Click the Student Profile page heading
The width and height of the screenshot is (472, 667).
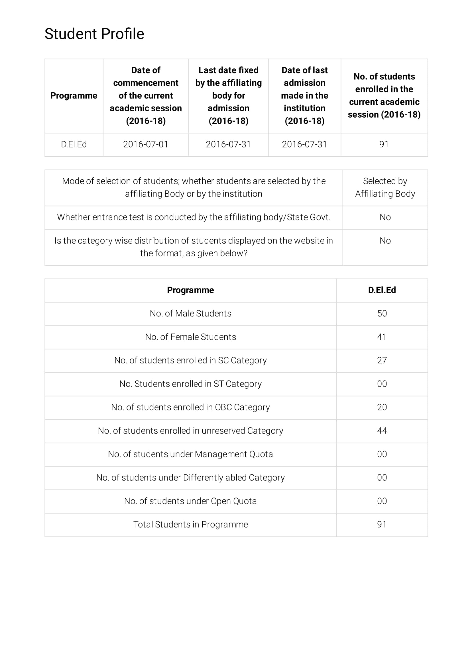click(x=94, y=34)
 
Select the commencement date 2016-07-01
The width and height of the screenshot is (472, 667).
click(x=146, y=144)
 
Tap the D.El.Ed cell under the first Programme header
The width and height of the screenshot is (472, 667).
click(x=74, y=144)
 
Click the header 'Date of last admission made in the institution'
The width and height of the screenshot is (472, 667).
click(x=304, y=96)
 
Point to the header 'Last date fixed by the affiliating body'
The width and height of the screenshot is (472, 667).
click(x=229, y=96)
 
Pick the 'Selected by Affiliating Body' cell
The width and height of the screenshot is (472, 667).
click(x=385, y=187)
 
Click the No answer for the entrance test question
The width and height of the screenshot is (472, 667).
click(x=385, y=217)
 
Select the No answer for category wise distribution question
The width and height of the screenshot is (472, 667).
click(x=385, y=241)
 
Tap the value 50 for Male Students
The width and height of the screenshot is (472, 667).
click(x=382, y=314)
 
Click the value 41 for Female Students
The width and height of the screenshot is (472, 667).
click(x=382, y=337)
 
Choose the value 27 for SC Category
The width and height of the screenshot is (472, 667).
click(x=382, y=361)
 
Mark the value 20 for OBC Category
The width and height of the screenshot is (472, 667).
click(x=382, y=407)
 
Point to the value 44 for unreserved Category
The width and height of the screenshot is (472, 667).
click(x=382, y=431)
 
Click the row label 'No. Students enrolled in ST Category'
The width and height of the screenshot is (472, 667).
click(x=190, y=384)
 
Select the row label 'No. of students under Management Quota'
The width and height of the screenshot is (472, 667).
click(x=190, y=454)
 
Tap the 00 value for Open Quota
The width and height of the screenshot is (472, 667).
click(x=382, y=501)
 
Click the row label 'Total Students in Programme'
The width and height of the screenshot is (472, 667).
click(x=190, y=525)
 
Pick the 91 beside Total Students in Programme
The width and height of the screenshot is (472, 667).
click(x=382, y=525)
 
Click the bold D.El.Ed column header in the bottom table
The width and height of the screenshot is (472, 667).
click(x=382, y=290)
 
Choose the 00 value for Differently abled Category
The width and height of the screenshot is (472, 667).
click(x=382, y=478)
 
